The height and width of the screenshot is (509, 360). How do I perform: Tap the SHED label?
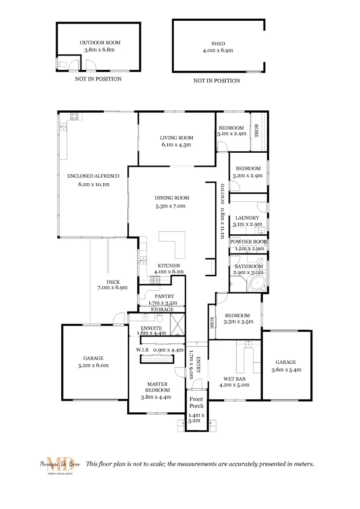(218, 44)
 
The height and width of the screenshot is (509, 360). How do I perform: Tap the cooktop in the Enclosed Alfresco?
(74, 115)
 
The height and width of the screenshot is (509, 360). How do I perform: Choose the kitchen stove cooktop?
(155, 280)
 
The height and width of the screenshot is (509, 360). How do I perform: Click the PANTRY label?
(161, 296)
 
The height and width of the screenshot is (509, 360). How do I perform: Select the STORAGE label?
(162, 310)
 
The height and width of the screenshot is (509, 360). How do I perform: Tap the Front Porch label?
(196, 402)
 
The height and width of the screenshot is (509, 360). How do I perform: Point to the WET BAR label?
(234, 378)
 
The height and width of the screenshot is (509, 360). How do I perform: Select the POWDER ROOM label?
(248, 242)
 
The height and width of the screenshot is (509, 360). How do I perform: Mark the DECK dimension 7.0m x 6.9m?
(113, 287)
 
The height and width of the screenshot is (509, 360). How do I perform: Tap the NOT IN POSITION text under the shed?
(217, 81)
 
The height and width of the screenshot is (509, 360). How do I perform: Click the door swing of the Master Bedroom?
(180, 371)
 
